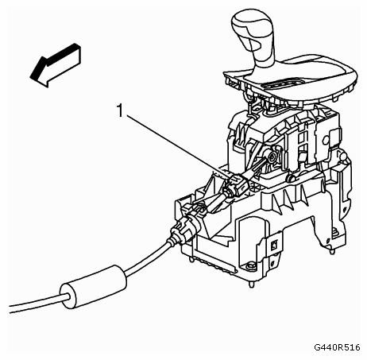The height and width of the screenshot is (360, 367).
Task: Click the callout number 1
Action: pyautogui.click(x=120, y=110)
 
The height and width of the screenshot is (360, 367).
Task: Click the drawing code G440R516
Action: pyautogui.click(x=337, y=347)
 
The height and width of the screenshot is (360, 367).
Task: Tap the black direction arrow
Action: pyautogui.click(x=56, y=65)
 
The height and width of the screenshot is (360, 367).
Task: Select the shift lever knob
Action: pyautogui.click(x=252, y=29)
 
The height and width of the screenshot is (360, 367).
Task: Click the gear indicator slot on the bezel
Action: pyautogui.click(x=282, y=83)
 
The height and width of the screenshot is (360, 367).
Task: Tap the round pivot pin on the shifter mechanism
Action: pyautogui.click(x=271, y=157)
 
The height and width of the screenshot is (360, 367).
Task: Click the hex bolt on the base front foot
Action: pyautogui.click(x=249, y=266)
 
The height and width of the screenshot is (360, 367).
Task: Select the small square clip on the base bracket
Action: pyautogui.click(x=274, y=246)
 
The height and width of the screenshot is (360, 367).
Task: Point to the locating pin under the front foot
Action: pyautogui.click(x=252, y=285)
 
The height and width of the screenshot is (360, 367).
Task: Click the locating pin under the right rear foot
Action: pyautogui.click(x=333, y=250)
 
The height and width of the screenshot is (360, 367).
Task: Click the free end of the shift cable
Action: pyautogui.click(x=10, y=309)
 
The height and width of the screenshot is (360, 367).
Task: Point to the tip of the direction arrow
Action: pyautogui.click(x=30, y=77)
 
